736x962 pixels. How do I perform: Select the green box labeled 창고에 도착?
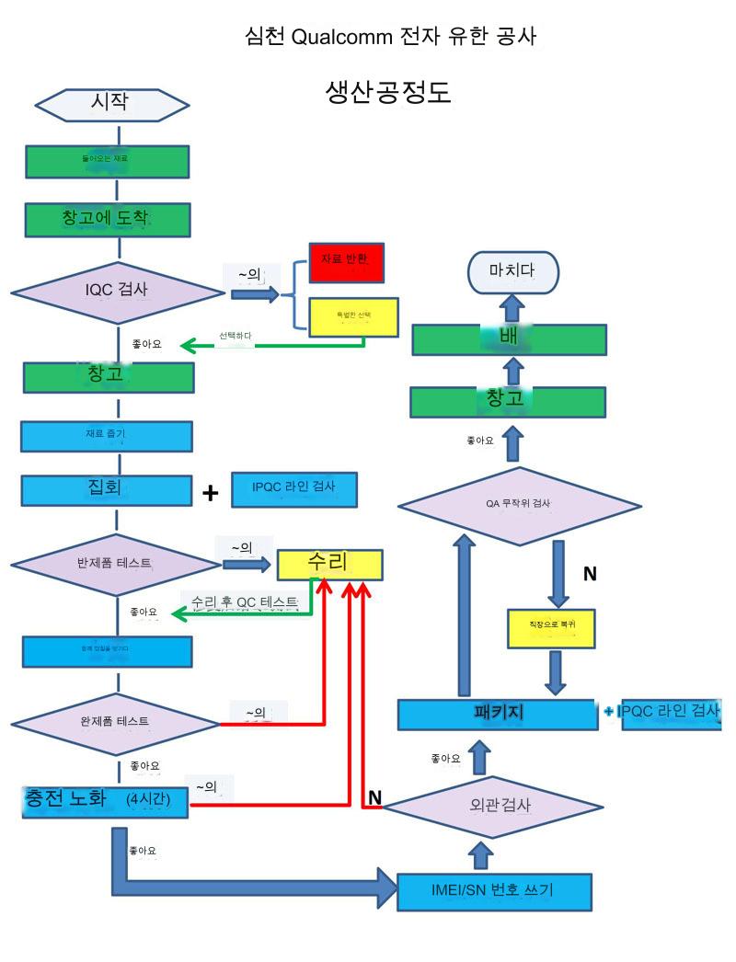(109, 219)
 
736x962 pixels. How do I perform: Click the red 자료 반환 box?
(346, 262)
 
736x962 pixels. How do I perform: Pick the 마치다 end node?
(513, 272)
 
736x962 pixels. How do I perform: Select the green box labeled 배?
(508, 339)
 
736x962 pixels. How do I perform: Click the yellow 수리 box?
(330, 564)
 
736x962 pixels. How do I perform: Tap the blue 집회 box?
(107, 489)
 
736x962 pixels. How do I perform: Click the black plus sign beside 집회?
(211, 494)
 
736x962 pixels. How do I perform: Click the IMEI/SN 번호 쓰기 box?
(493, 890)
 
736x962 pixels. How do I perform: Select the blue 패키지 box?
(497, 714)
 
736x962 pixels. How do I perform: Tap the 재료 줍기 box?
(107, 437)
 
